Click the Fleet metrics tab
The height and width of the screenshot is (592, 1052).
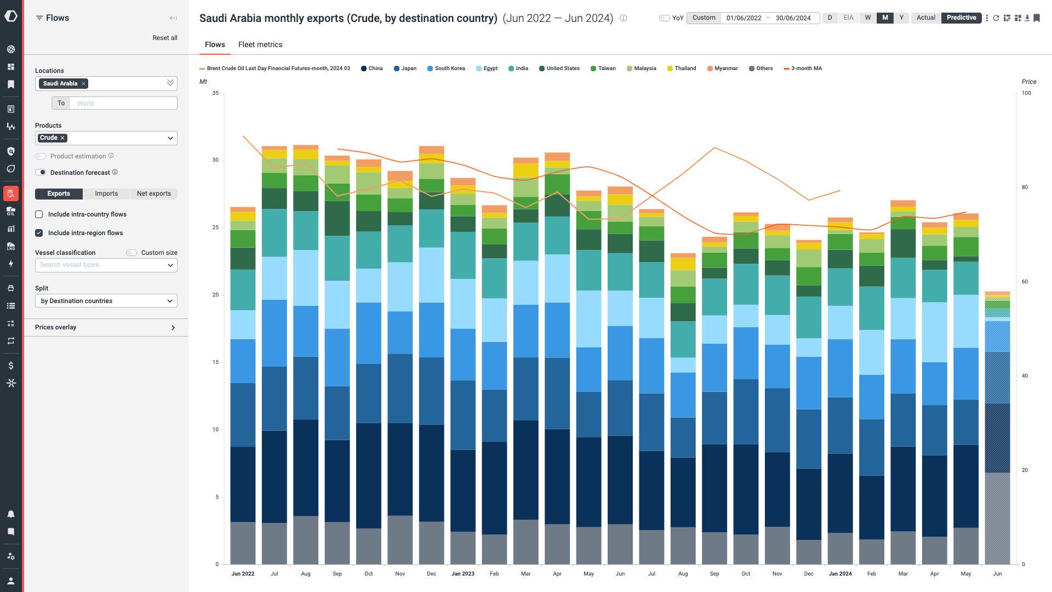point(260,44)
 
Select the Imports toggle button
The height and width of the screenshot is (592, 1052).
point(106,193)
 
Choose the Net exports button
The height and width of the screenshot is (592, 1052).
point(153,193)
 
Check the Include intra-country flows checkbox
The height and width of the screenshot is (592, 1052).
point(39,214)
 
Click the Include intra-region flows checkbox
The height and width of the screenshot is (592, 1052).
point(39,233)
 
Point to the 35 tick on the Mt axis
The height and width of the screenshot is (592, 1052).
point(215,93)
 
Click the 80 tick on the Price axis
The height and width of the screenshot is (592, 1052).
point(1025,187)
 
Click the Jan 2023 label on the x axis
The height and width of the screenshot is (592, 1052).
point(462,574)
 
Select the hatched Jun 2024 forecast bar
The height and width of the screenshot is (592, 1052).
point(997,439)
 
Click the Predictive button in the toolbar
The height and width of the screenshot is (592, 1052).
point(961,18)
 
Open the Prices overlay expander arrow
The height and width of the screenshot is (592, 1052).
point(173,328)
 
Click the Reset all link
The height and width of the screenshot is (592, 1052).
point(164,38)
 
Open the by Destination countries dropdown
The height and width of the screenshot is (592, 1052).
point(106,301)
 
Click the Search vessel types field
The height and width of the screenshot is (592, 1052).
point(101,265)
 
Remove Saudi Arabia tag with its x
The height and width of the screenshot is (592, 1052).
point(83,84)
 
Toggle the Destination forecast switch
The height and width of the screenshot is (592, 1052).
point(41,173)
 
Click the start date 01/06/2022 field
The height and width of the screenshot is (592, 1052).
point(744,18)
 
